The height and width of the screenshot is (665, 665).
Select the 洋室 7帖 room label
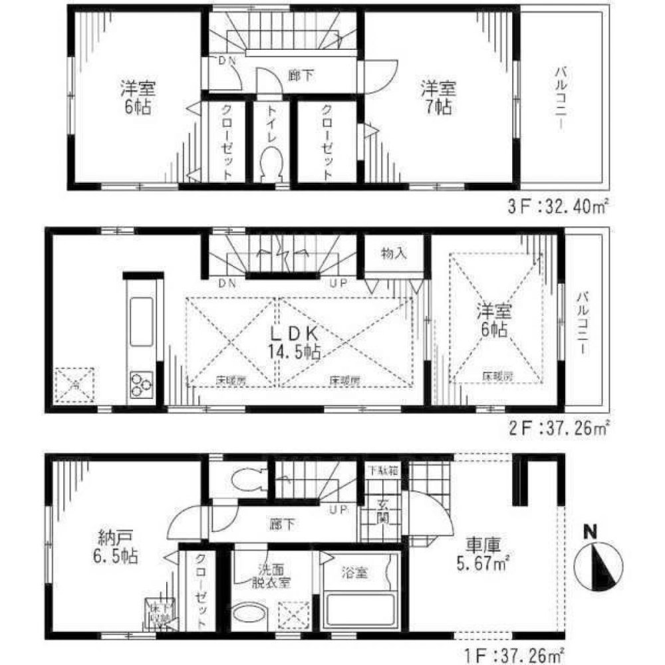tap(438, 97)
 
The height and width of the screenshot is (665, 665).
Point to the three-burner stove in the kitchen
tap(141, 385)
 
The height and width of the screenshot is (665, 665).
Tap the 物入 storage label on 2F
tap(393, 254)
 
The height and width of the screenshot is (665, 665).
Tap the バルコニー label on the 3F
tap(562, 99)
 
